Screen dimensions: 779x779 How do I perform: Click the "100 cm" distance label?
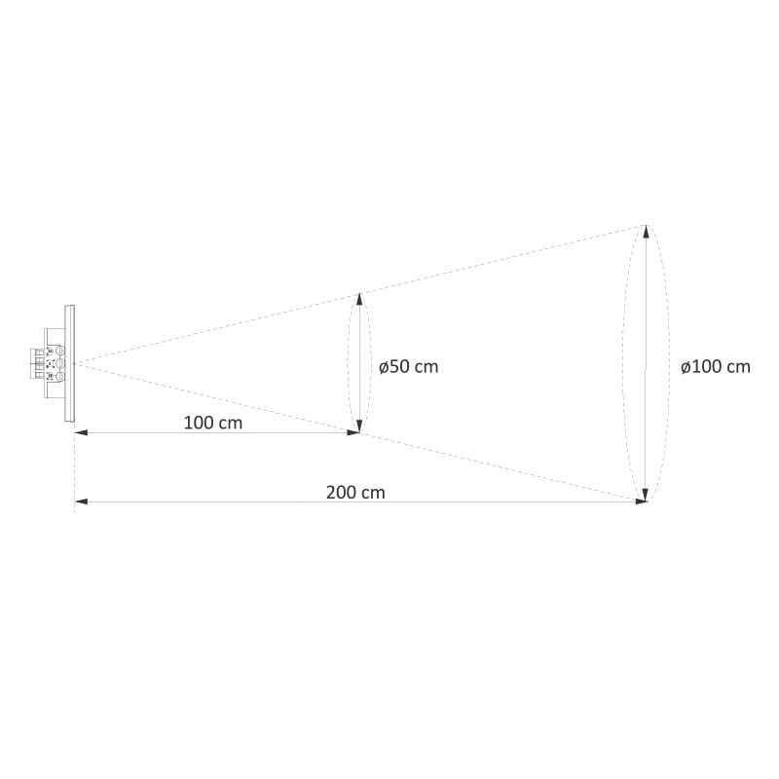coord(213,423)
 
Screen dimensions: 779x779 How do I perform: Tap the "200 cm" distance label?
coord(355,493)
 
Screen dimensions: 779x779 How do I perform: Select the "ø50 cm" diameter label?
coord(408,367)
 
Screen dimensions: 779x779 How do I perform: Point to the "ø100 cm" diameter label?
coord(716,367)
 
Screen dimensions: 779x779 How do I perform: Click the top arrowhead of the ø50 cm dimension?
coord(359,299)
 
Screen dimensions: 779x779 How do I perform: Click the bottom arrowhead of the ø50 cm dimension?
coord(359,427)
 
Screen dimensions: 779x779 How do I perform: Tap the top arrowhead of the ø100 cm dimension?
coord(646,232)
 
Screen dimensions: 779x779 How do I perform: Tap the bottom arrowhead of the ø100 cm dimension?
coord(646,495)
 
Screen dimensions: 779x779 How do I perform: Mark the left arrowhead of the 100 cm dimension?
coord(81,432)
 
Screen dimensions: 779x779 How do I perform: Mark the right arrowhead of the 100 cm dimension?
coord(353,432)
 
